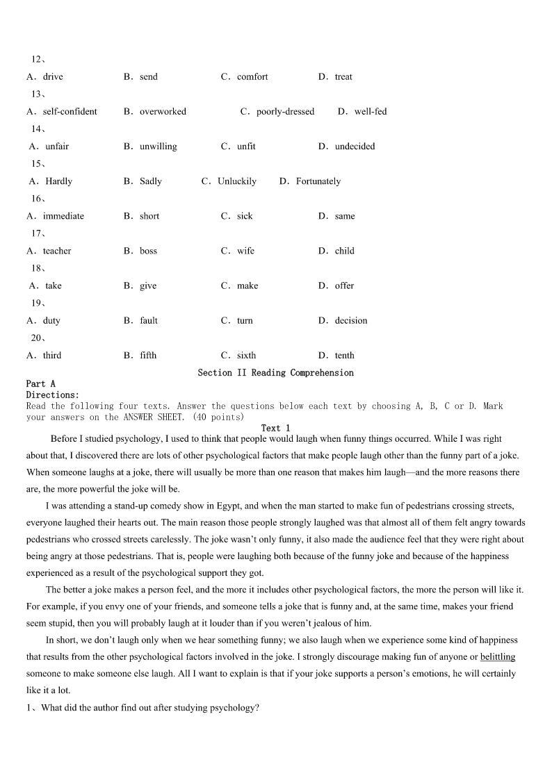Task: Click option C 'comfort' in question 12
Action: [x=252, y=77]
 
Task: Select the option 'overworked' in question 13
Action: [x=163, y=112]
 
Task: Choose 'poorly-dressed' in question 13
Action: [x=285, y=112]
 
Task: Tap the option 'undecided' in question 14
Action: [x=355, y=147]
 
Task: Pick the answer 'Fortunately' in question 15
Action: [x=318, y=181]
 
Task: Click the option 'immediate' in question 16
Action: [x=63, y=216]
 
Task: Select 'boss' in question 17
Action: [x=148, y=251]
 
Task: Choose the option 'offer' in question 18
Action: [x=344, y=285]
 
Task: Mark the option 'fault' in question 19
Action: [x=149, y=320]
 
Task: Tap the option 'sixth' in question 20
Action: [x=246, y=355]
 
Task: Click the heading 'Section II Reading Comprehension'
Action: [x=275, y=373]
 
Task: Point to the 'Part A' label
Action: [x=40, y=384]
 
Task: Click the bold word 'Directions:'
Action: [x=52, y=395]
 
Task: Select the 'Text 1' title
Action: [x=275, y=428]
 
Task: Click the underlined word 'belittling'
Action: [x=498, y=657]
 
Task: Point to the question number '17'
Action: [x=36, y=233]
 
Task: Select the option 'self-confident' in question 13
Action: [x=70, y=112]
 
